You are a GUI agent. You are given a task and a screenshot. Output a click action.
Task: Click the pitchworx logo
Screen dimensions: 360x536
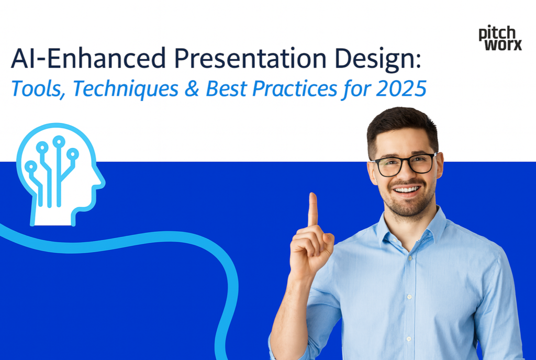[x=500, y=38]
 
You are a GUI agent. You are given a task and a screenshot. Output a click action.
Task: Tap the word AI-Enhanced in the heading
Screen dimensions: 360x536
[x=86, y=59]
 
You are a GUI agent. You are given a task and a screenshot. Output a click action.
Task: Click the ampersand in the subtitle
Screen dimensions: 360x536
[x=193, y=88]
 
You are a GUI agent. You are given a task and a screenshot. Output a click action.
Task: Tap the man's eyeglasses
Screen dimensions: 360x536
[x=404, y=164]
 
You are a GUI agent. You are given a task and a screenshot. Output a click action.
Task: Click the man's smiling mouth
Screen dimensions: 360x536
[x=406, y=189]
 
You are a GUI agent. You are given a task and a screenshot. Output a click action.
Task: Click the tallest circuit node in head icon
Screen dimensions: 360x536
[x=59, y=141]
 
